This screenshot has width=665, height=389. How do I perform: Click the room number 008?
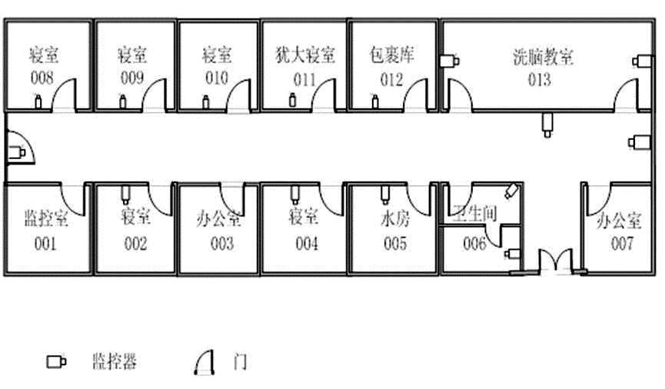click(x=42, y=77)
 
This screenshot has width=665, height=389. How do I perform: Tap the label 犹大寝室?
click(x=305, y=55)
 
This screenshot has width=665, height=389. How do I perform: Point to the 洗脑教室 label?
click(x=543, y=57)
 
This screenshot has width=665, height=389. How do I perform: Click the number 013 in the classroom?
click(x=539, y=78)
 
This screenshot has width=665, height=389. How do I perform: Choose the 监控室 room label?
click(x=45, y=218)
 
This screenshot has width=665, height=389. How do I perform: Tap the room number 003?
click(x=221, y=244)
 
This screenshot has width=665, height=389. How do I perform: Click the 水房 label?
click(x=394, y=218)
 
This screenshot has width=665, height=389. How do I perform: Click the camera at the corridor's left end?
click(x=17, y=153)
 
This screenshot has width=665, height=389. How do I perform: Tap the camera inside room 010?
click(x=205, y=101)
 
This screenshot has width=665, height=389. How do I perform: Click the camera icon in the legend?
click(x=56, y=361)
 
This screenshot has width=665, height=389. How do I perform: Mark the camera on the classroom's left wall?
click(x=451, y=61)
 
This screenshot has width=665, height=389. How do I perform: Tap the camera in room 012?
click(x=375, y=101)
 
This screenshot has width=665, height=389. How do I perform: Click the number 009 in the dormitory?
click(x=132, y=77)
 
